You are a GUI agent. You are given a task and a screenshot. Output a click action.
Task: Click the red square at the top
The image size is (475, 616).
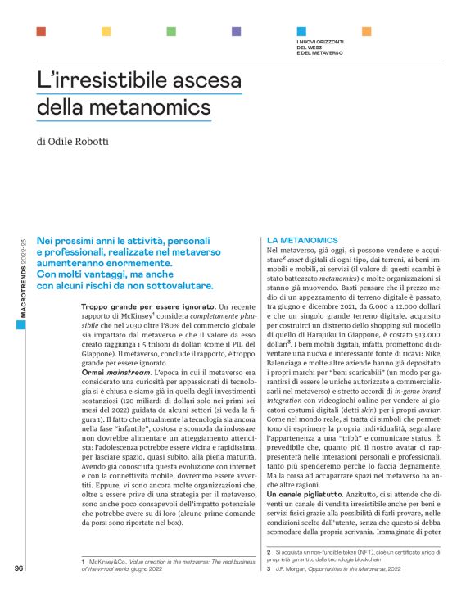click(x=41, y=31)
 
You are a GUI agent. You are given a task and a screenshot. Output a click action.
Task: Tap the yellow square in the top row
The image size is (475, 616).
click(x=106, y=31)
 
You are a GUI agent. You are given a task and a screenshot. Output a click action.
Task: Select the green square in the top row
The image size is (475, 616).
click(x=171, y=31)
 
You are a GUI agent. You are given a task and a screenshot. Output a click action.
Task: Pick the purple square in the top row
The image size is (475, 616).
click(x=236, y=31)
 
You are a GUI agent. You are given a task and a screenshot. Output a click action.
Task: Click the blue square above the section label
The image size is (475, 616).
click(x=301, y=31)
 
